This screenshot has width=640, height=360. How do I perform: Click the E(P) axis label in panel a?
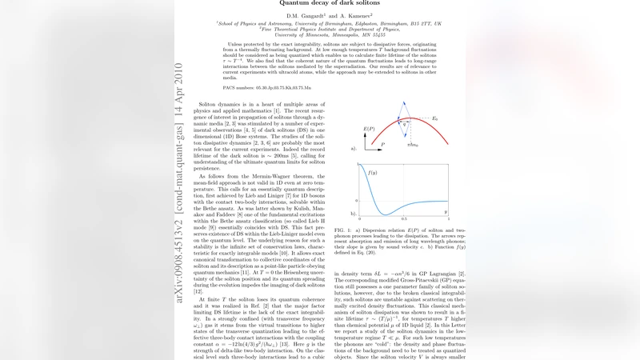[369, 128]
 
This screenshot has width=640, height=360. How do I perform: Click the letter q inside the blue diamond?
[406, 125]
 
